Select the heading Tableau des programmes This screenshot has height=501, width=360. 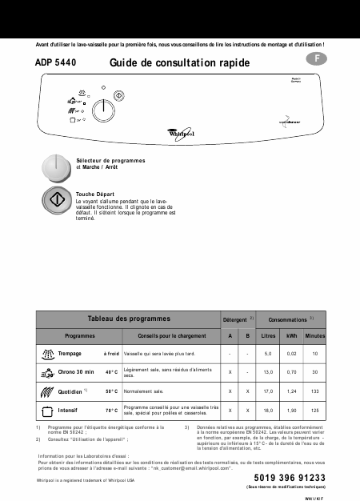(x=122, y=319)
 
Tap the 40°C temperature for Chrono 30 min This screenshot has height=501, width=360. (x=112, y=372)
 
